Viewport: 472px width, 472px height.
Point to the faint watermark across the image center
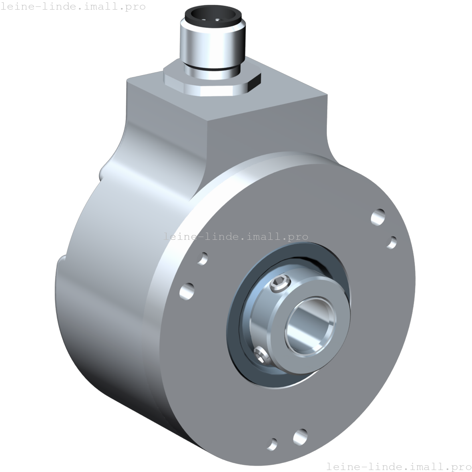[x=236, y=236]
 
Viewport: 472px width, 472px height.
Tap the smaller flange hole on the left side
[x=203, y=258]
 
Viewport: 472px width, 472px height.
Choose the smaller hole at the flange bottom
[x=273, y=443]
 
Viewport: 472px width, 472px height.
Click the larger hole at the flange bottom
[x=300, y=436]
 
